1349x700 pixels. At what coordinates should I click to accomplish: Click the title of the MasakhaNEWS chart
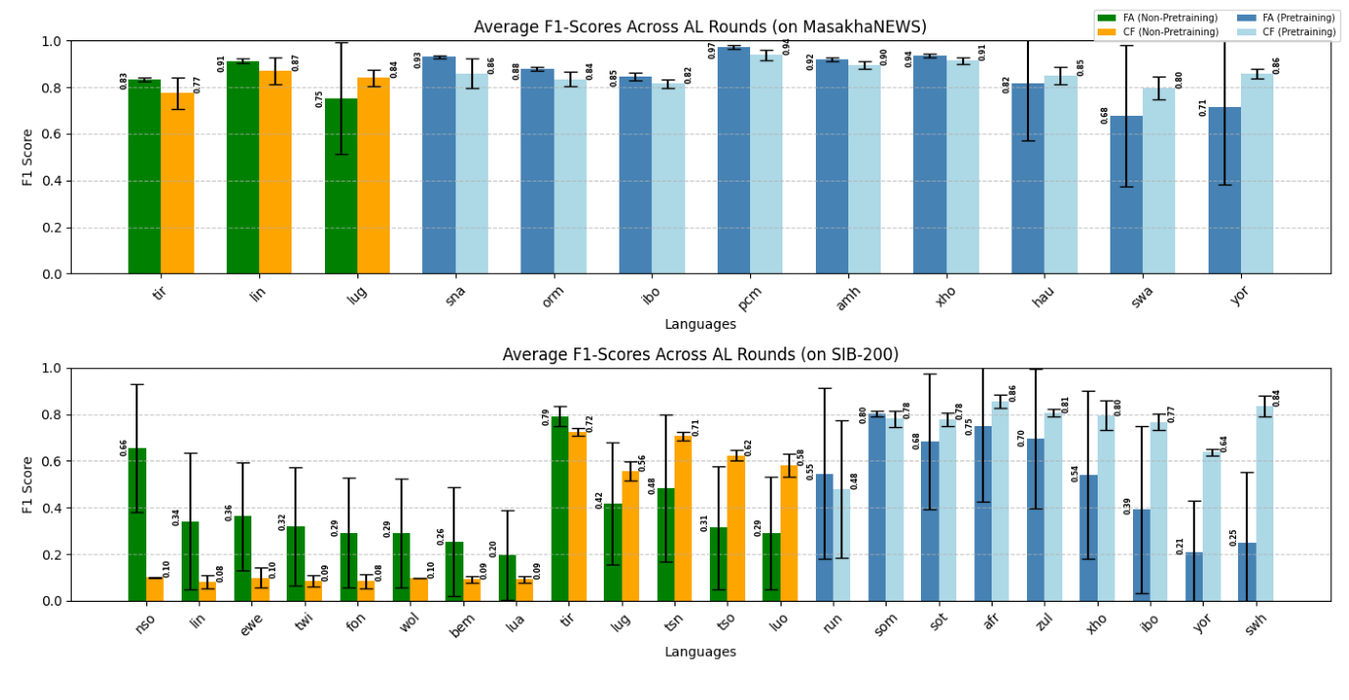(700, 27)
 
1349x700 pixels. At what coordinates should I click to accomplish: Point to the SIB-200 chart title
(700, 354)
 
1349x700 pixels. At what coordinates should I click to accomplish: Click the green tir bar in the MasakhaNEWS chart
(144, 177)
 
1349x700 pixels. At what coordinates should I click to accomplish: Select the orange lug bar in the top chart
(373, 176)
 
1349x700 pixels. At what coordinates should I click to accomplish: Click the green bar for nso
(136, 524)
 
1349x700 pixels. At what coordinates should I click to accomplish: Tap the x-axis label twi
(300, 620)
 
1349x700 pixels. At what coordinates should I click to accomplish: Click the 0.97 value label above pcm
(712, 50)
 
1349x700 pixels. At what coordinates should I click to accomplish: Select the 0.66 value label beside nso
(124, 448)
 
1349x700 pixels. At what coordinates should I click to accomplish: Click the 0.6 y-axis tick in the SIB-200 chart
(52, 461)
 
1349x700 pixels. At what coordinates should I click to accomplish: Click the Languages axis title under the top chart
(700, 324)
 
